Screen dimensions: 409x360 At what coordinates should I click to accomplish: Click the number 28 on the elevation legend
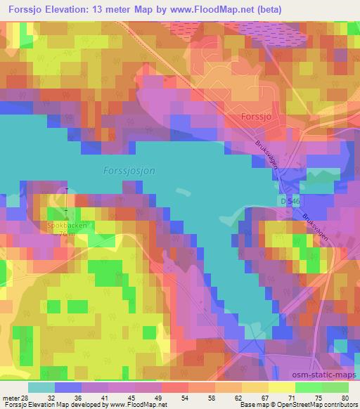coord(26,398)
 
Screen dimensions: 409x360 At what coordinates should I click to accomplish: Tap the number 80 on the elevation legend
coord(345,398)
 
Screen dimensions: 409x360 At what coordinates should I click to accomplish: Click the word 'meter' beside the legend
coord(11,398)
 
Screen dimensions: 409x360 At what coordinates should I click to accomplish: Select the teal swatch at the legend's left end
coord(42,387)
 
